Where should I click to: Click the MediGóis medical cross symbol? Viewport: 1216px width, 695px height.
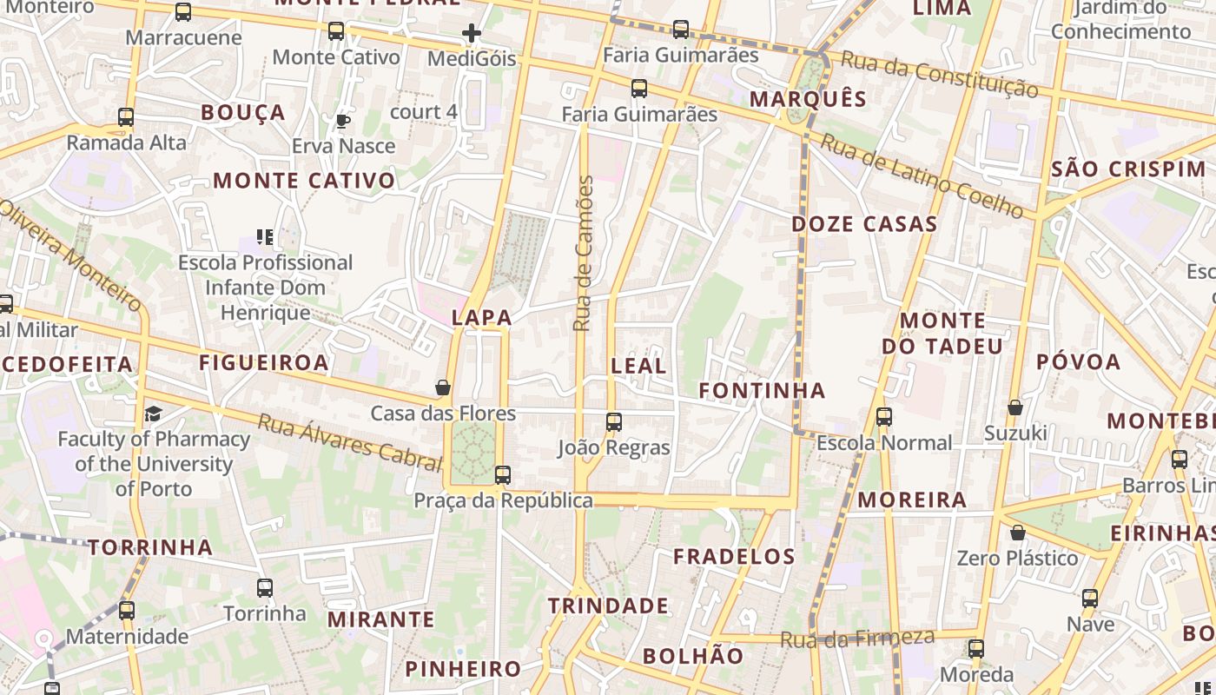coord(472,34)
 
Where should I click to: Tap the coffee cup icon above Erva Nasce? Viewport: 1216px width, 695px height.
coord(343,121)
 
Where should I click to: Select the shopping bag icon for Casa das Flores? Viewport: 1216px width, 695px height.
coord(443,387)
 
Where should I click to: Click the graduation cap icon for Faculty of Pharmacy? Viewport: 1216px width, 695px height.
coord(154,414)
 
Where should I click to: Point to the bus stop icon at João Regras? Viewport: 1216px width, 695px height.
coord(614,423)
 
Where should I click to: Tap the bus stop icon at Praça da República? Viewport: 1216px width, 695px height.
coord(503,475)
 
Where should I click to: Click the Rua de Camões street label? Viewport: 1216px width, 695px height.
coord(584,253)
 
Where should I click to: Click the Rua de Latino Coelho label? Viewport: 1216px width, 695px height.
coord(922,175)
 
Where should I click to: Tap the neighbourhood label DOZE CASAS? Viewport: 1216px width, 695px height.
coord(864,224)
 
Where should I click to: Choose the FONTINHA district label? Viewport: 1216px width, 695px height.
coord(763,391)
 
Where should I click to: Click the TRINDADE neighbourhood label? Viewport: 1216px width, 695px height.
coord(608,606)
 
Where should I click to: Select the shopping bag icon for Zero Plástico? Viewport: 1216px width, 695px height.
coord(1017,533)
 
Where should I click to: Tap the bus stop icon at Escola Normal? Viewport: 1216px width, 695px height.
coord(884,417)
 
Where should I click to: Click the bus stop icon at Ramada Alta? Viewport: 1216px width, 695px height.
coord(126,117)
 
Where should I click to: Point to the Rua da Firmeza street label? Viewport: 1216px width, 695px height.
coord(857,639)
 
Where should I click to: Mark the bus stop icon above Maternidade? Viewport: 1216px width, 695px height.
coord(127,611)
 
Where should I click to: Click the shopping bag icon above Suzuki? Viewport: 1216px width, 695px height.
coord(1014,407)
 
